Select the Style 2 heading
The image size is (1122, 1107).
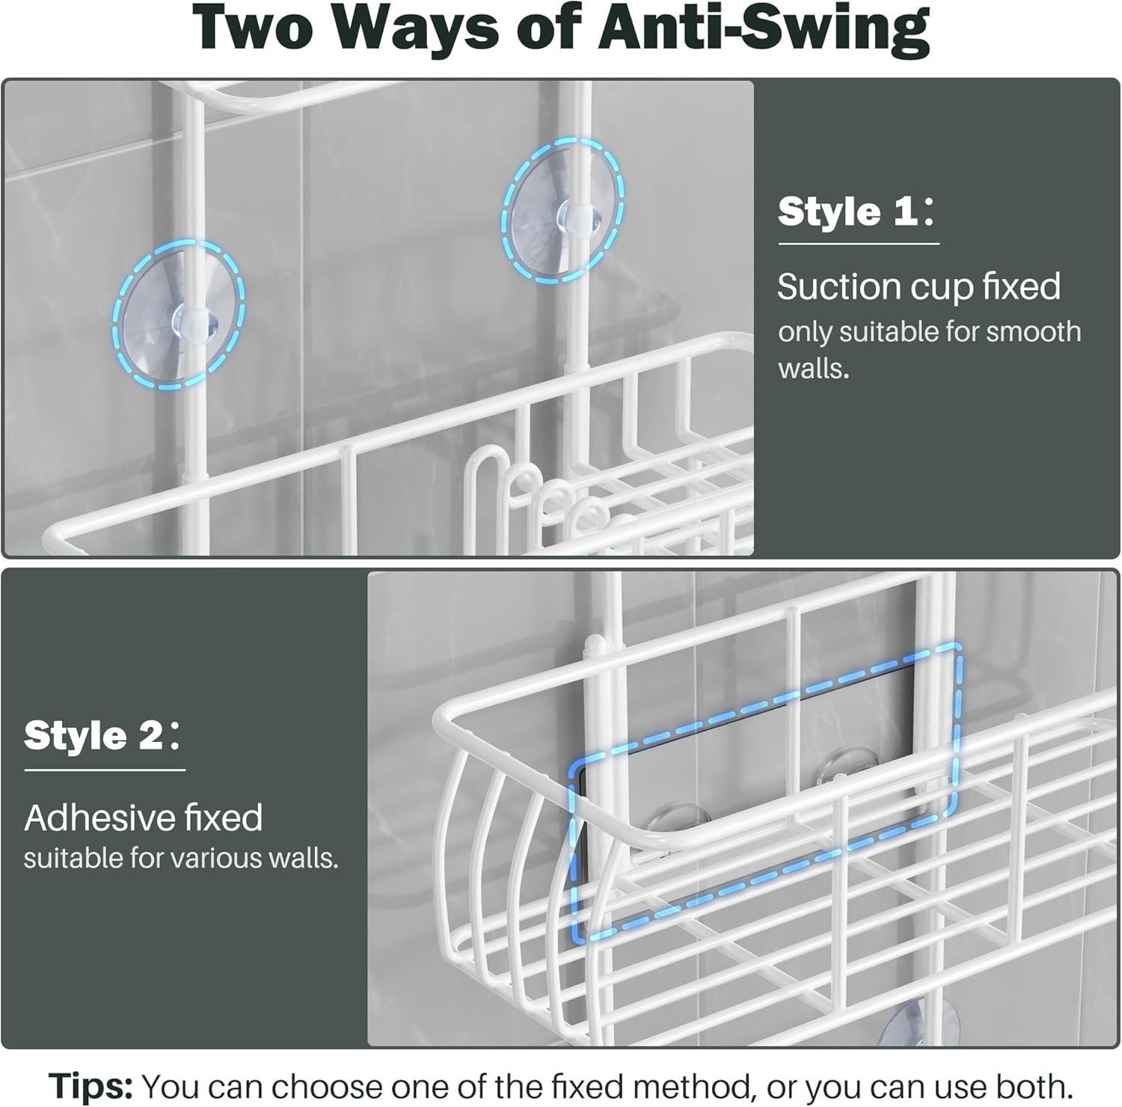pos(93,735)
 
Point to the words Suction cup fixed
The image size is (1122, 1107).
pos(919,286)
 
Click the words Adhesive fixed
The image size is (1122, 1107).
pos(144,818)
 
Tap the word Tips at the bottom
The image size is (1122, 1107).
pos(91,1085)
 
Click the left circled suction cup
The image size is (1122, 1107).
pos(180,313)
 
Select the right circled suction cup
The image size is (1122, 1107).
pos(563,211)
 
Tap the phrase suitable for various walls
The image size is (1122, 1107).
pos(181,858)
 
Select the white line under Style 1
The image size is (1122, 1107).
pos(858,243)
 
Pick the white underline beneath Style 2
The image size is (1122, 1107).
pos(104,769)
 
